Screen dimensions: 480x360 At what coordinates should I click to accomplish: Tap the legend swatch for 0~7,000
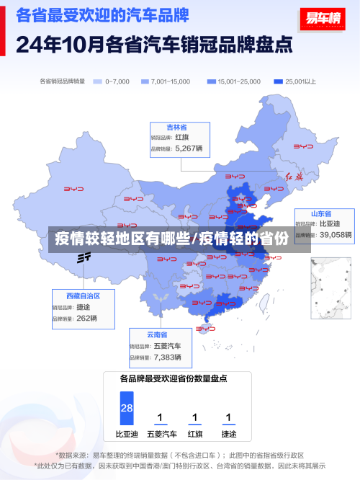click(97, 81)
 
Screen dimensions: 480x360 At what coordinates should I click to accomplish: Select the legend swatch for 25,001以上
click(277, 81)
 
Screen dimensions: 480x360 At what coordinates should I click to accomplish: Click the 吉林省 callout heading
click(177, 127)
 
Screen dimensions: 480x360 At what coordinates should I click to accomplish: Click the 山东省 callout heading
click(320, 214)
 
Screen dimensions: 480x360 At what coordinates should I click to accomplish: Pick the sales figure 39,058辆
click(336, 235)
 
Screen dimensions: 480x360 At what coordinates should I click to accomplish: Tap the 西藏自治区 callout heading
click(83, 296)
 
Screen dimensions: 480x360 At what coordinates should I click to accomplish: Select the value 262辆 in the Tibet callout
click(86, 318)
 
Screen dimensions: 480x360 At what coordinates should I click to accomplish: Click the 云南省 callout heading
click(156, 334)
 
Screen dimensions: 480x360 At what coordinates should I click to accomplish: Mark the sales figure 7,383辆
click(168, 357)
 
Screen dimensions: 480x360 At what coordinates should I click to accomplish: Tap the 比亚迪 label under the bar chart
click(127, 435)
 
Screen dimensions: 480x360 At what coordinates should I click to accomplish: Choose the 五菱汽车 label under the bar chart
click(161, 435)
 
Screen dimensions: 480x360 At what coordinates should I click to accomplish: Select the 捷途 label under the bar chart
click(228, 435)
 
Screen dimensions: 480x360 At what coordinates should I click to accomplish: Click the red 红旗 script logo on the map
click(295, 176)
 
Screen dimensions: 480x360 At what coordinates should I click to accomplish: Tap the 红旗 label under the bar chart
click(194, 435)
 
